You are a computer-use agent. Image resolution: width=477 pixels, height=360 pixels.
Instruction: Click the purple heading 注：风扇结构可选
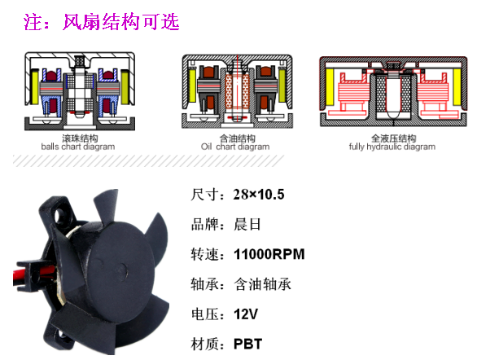101,22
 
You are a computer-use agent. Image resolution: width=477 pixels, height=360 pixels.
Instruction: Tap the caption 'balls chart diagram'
78,147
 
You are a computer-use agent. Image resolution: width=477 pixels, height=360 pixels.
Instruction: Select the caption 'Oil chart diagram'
235,147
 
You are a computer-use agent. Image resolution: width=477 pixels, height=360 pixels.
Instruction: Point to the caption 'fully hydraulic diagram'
392,147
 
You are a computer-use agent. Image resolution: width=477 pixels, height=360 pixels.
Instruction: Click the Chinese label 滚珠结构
80,138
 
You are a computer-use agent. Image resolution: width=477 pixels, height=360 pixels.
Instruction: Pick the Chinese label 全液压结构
393,138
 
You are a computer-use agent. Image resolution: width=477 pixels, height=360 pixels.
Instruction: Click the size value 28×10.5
259,195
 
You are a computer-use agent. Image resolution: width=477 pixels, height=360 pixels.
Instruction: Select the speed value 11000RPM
269,254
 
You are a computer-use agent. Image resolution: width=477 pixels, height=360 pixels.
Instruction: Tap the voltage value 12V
246,314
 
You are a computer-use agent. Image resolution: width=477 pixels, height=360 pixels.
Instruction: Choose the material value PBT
247,344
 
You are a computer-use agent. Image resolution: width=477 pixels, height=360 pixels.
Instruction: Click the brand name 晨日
247,225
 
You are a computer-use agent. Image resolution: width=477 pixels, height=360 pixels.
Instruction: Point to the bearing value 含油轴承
262,284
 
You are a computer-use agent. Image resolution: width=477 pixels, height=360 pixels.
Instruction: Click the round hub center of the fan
122,270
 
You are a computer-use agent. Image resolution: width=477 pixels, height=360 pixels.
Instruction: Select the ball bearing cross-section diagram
80,91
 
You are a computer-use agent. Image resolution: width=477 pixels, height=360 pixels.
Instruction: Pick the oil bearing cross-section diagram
238,91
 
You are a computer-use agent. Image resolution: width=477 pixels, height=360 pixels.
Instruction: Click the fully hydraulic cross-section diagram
393,91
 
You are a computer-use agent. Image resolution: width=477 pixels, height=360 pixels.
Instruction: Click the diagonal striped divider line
148,160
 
